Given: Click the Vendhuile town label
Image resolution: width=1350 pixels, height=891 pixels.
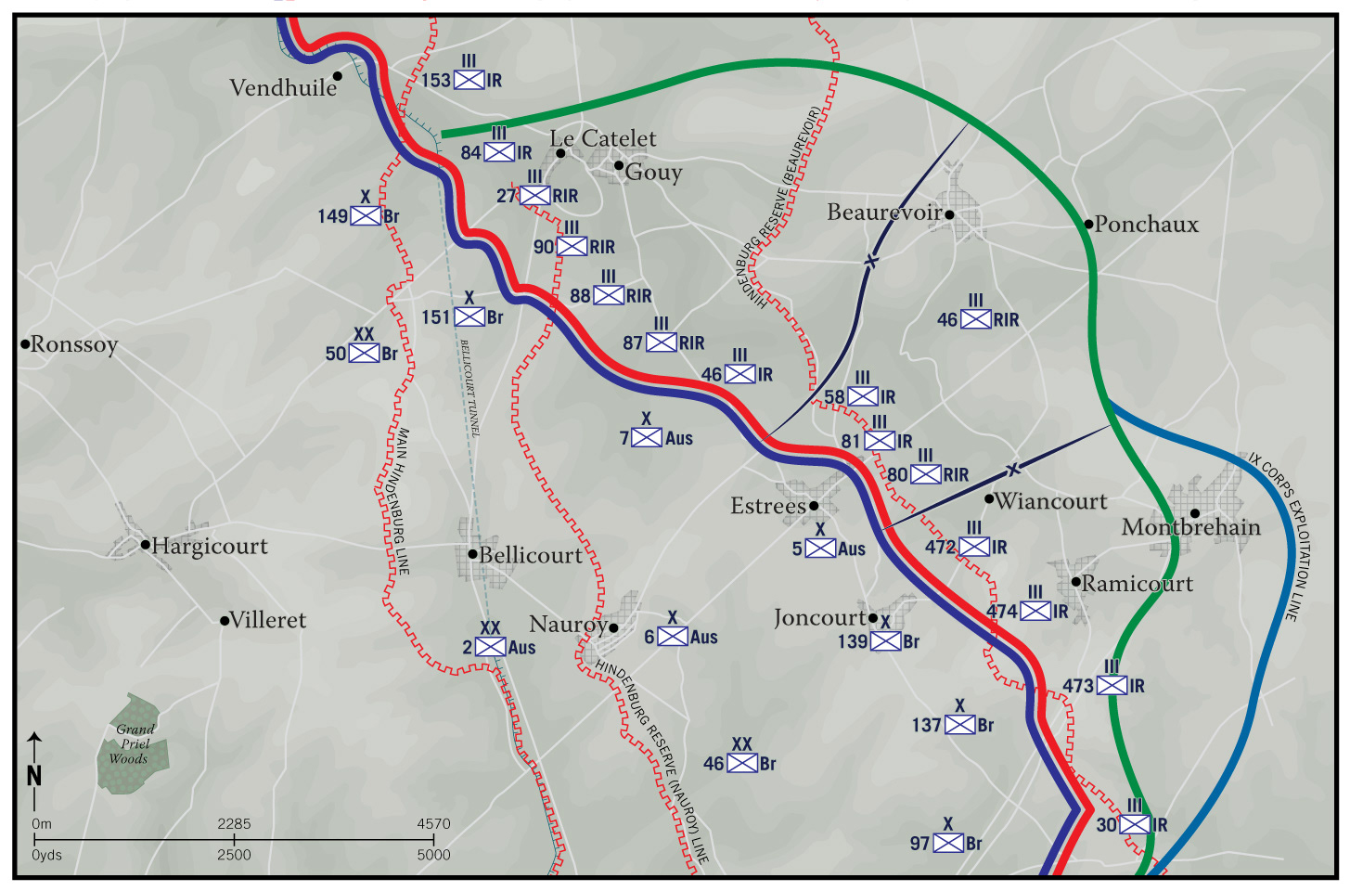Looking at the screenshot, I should click(283, 88).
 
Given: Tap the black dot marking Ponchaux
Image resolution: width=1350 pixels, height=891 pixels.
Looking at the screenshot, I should click(1089, 224).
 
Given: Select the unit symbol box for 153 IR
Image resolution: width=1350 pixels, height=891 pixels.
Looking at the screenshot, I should click(469, 80).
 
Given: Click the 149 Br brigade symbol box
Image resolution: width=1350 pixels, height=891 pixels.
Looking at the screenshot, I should click(366, 216).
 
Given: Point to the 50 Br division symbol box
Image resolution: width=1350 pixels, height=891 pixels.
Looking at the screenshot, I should click(364, 354).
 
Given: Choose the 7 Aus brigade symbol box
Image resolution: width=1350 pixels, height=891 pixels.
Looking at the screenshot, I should click(647, 437).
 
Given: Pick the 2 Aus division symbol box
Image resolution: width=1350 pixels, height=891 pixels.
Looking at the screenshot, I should click(490, 647).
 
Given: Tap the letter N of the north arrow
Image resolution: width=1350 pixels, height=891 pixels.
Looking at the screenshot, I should click(34, 776).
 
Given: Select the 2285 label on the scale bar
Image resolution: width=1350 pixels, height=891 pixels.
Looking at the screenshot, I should click(234, 823).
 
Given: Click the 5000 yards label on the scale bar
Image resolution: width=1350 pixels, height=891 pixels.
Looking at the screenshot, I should click(433, 855).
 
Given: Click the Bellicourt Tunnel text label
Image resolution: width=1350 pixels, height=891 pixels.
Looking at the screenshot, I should click(470, 388).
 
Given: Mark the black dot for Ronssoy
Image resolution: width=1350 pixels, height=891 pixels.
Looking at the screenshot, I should click(25, 344).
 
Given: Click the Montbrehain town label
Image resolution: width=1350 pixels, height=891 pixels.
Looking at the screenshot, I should click(1191, 527).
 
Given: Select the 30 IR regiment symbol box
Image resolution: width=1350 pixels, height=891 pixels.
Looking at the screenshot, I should click(1135, 824).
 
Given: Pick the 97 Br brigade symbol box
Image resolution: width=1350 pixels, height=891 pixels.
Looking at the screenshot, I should click(948, 843).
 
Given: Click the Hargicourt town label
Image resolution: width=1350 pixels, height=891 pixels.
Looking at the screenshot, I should click(209, 546).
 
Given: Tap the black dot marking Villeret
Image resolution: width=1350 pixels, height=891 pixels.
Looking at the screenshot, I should click(225, 620).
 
